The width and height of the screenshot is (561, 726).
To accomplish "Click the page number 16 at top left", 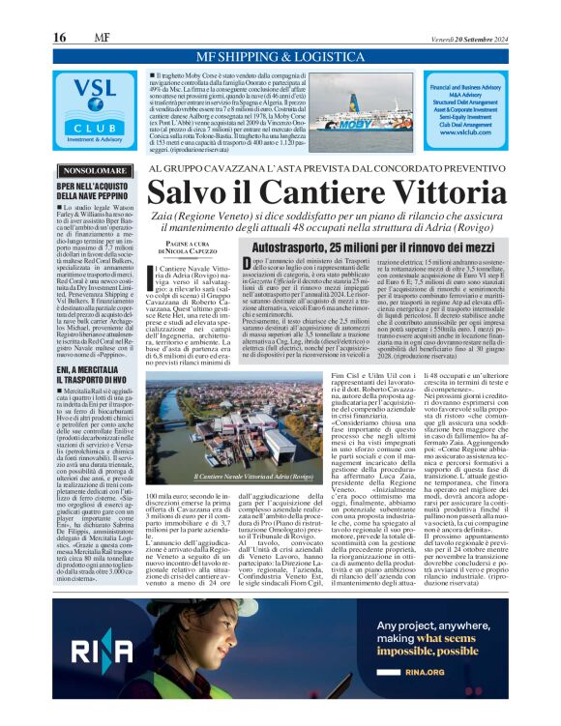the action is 59,37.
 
